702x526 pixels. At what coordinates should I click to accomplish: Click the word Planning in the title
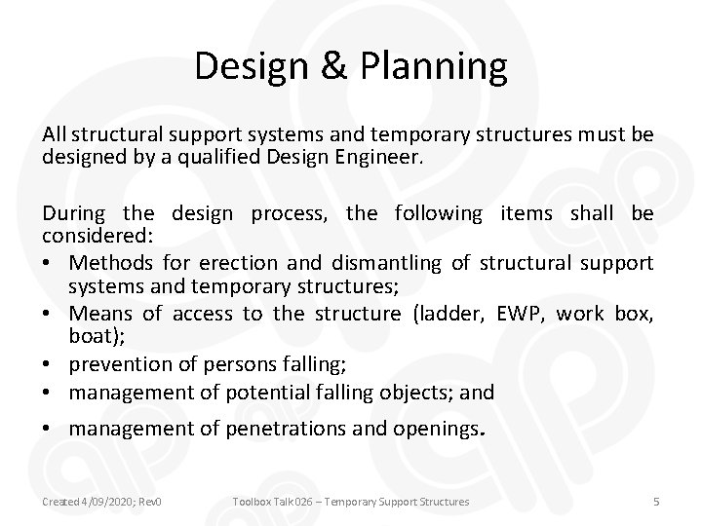434,66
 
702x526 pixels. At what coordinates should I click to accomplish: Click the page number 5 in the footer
655,502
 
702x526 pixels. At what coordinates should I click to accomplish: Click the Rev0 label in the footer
149,502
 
